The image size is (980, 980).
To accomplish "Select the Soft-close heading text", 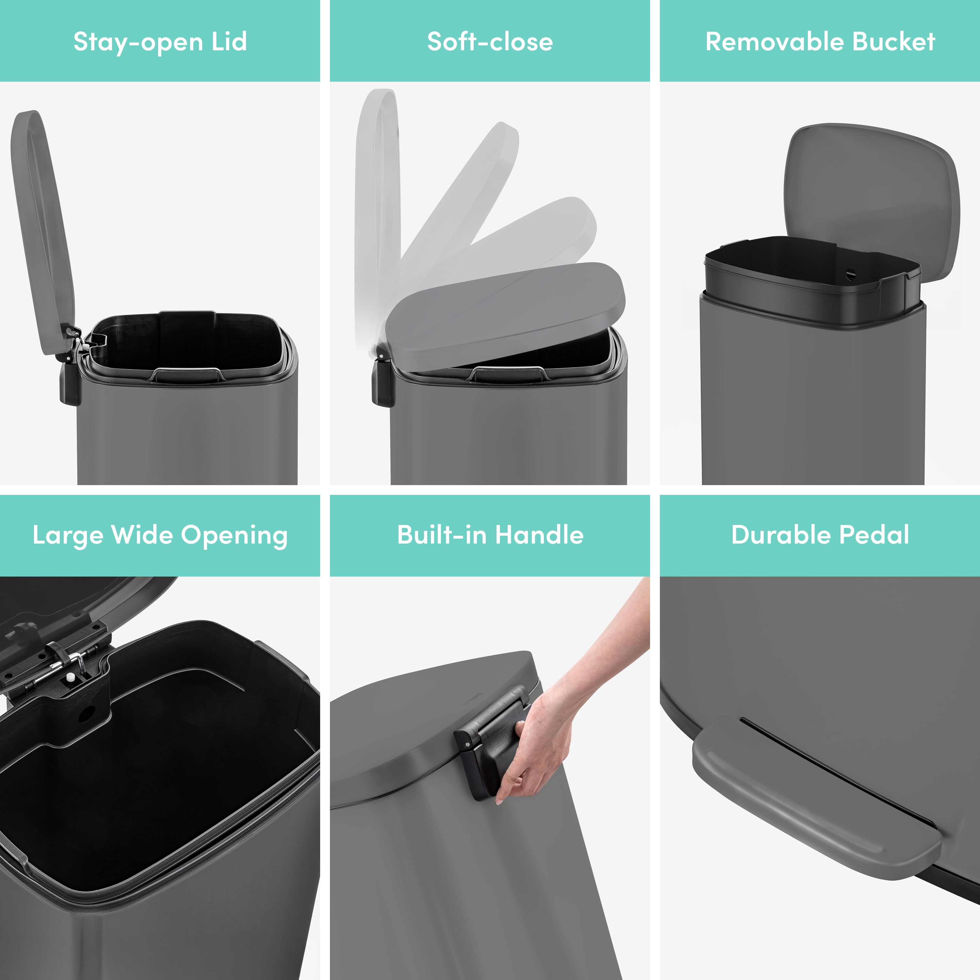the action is coord(490,41).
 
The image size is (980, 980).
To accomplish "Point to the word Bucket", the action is coord(894,41).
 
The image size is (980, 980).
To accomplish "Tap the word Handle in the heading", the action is coord(539,535).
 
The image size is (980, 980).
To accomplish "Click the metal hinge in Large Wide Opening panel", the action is coord(66,660).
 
